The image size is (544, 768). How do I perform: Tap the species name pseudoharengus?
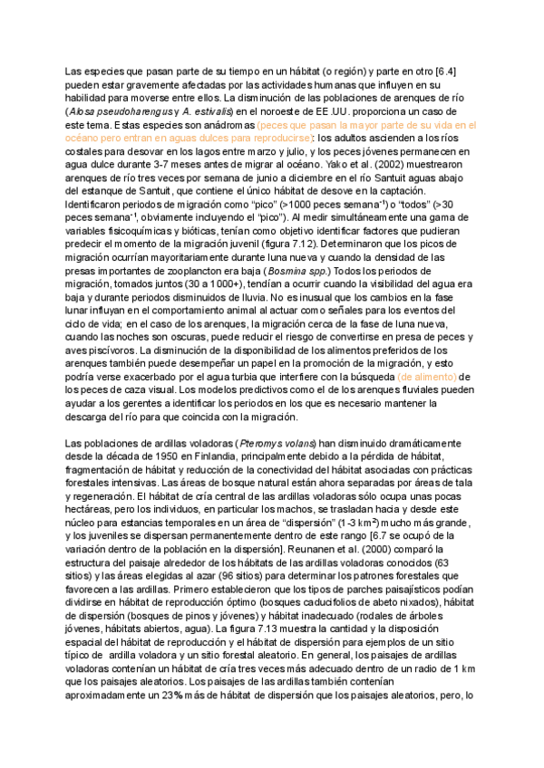[x=135, y=110]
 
